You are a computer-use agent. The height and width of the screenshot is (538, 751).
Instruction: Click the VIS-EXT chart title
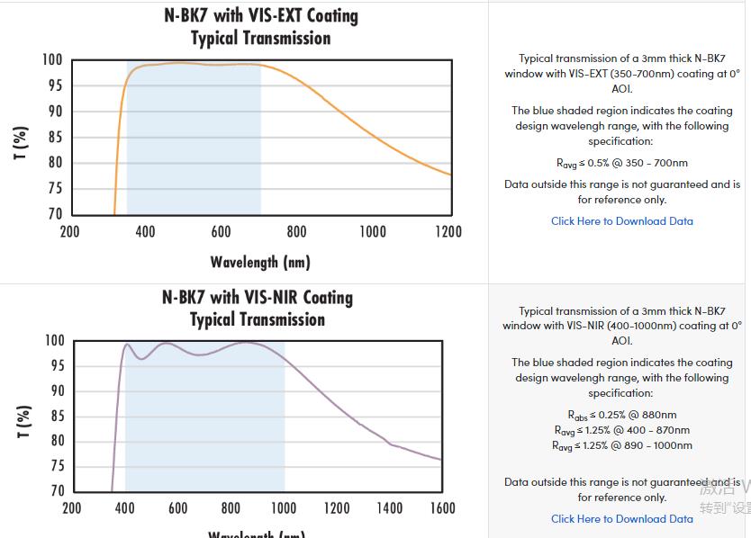point(260,27)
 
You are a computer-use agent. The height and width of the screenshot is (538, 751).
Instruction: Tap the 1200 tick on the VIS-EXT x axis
point(448,232)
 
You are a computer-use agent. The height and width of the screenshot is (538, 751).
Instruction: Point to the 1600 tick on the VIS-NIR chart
point(442,508)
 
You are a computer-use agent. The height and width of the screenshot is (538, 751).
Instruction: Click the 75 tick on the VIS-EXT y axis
point(54,188)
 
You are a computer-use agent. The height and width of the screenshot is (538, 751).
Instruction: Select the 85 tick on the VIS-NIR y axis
point(56,416)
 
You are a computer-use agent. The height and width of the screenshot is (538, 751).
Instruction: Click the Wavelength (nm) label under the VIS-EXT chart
point(260,262)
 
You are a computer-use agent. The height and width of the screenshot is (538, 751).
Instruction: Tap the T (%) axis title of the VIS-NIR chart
point(23,421)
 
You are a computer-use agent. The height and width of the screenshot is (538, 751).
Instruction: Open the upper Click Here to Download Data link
point(622,221)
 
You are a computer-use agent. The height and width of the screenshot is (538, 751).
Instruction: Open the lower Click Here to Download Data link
point(622,519)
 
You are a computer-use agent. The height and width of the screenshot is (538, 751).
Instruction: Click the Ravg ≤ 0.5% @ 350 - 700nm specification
point(622,164)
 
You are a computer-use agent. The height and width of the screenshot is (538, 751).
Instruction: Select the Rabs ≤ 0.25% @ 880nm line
point(622,415)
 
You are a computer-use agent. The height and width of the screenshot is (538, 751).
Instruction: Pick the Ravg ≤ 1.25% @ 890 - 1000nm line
point(622,445)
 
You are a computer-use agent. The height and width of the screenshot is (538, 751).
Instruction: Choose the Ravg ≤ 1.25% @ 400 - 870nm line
point(622,430)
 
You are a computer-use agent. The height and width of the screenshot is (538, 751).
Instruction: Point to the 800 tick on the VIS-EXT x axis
point(297,232)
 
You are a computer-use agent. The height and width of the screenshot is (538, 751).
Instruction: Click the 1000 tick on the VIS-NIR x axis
point(284,508)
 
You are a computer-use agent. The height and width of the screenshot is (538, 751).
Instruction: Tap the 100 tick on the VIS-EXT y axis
point(52,60)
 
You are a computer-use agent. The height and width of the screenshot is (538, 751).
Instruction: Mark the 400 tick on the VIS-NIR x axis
point(125,508)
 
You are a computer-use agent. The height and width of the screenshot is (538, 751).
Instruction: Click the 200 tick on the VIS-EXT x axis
point(69,232)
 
